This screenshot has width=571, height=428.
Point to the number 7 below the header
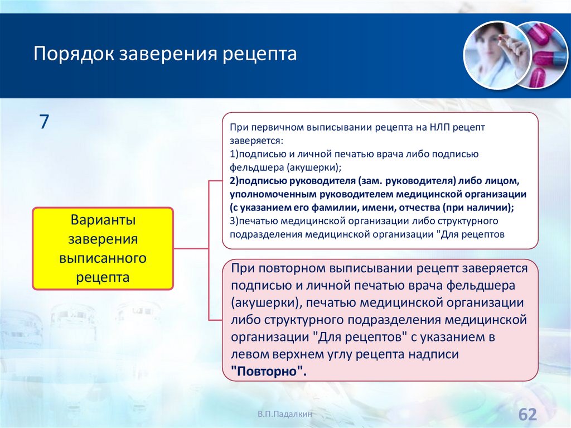pyautogui.click(x=44, y=122)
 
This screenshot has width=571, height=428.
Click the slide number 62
pyautogui.click(x=528, y=415)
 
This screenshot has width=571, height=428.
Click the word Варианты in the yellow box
pyautogui.click(x=103, y=220)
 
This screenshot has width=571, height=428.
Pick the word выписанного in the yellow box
pyautogui.click(x=103, y=258)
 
